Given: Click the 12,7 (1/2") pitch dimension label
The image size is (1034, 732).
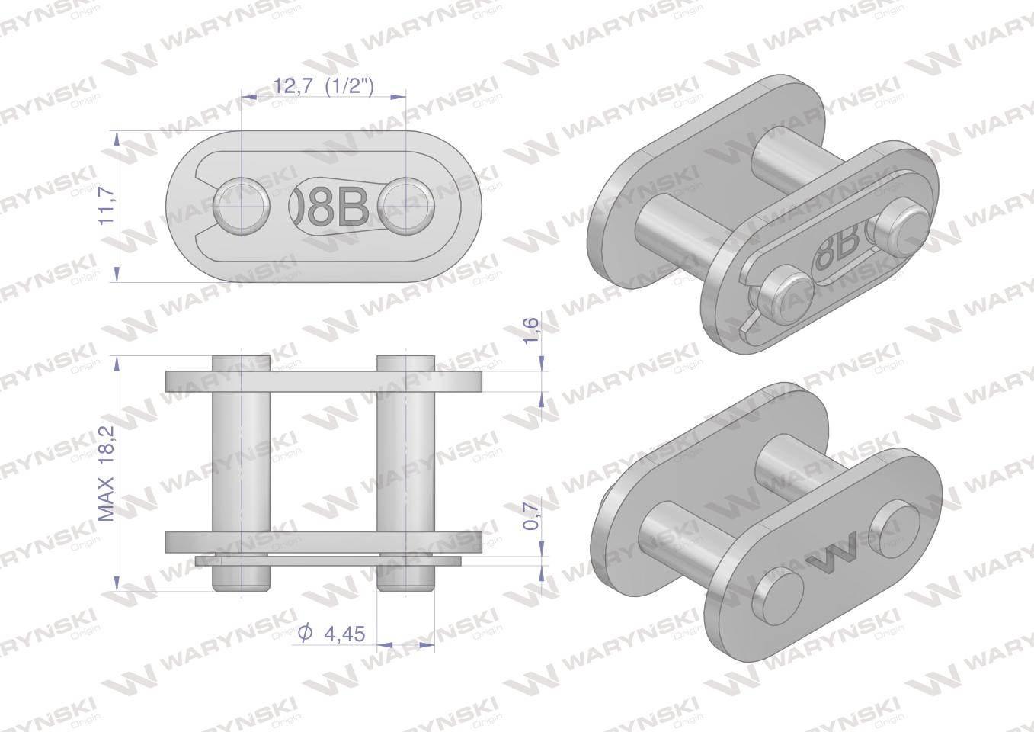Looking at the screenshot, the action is click(x=324, y=86).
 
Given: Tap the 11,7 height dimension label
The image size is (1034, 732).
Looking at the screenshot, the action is click(x=107, y=205).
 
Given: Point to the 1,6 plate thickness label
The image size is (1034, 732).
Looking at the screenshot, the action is click(x=532, y=329).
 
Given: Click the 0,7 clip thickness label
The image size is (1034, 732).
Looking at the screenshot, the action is click(x=532, y=515).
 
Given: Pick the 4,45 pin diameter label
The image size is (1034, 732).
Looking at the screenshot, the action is click(x=344, y=634).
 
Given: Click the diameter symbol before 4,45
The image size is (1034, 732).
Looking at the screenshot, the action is click(x=305, y=633).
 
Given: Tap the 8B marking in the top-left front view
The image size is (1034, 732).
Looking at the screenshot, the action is click(x=338, y=206).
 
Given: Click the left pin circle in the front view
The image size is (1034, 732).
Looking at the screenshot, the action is click(x=242, y=205).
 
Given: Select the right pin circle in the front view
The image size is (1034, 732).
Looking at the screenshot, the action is click(x=406, y=205).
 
